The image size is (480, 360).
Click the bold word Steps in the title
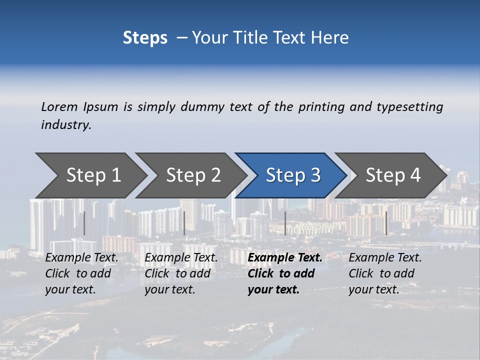coord(145,38)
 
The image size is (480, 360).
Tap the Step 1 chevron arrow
coord(93,175)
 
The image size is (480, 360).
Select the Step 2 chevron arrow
coord(193,175)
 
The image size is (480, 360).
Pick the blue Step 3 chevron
coord(292,175)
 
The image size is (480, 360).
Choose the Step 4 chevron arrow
coord(392,175)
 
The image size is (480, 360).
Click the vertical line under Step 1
coord(84,223)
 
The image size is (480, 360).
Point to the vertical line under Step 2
coord(184,223)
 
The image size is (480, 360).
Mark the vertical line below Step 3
coord(285,223)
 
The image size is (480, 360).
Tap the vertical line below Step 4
coord(386,223)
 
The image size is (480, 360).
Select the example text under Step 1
coord(81,273)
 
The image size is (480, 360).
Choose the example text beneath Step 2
coord(181,273)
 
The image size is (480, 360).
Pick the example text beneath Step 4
coord(384,273)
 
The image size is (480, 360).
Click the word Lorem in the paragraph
coord(59,107)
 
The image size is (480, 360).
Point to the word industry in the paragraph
coord(65,125)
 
